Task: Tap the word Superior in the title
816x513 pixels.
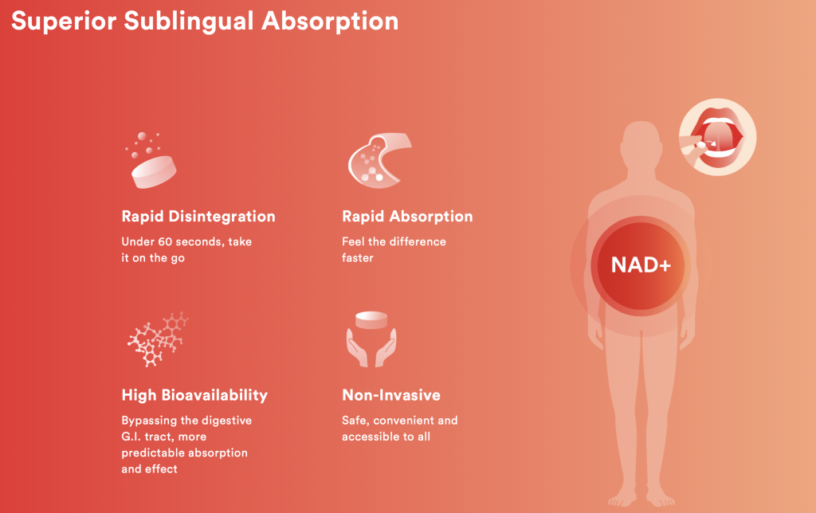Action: point(64,21)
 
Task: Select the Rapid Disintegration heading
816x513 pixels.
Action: point(198,217)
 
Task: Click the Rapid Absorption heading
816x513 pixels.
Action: point(407,217)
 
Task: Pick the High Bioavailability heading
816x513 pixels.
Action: point(194,395)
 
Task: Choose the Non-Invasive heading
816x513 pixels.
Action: point(391,395)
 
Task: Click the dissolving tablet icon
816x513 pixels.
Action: point(151,161)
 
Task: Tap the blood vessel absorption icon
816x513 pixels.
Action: point(379,160)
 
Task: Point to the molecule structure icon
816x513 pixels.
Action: point(158,339)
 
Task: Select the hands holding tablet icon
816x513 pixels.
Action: point(371,339)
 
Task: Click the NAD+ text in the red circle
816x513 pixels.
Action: point(641,265)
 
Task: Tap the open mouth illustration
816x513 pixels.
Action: point(718,137)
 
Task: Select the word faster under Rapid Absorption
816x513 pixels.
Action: point(358,258)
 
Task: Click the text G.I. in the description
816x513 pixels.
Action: point(131,437)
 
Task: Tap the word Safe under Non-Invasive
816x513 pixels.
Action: point(355,421)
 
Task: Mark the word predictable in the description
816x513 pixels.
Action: point(151,453)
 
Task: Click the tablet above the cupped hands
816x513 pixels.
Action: point(371,319)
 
